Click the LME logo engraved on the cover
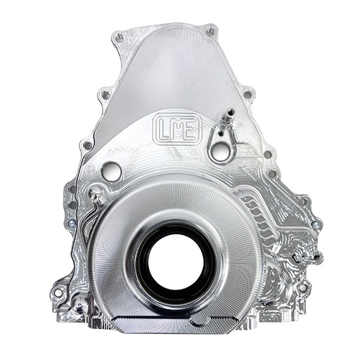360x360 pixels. click(176, 129)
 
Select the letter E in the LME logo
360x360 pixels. click(191, 129)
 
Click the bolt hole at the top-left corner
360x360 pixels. click(117, 39)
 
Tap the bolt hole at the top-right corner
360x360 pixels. click(210, 32)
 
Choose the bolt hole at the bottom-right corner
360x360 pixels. click(302, 288)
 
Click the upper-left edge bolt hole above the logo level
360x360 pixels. click(104, 93)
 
